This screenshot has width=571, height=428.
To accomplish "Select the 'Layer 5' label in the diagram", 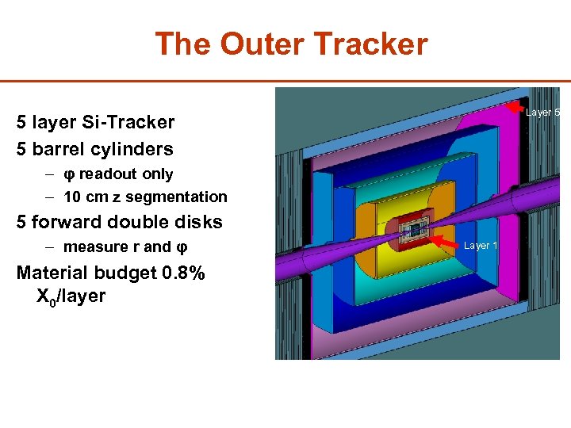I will pos(543,113).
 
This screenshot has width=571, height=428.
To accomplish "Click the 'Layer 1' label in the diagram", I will pos(481,246).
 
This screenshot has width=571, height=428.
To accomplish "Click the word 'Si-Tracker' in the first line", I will pos(135,122).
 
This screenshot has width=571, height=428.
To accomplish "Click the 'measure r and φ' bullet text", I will pos(119,246).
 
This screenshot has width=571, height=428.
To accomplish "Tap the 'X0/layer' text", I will pos(71,298).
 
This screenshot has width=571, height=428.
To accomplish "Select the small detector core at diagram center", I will pos(412,230).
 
